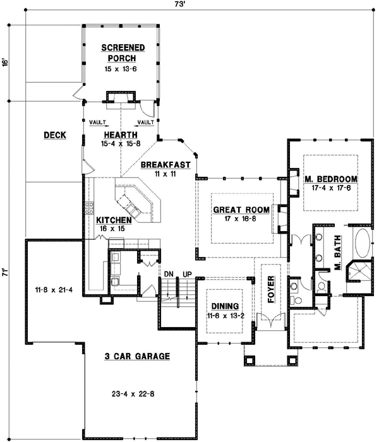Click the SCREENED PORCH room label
[x=123, y=52]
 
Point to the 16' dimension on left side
[x=4, y=64]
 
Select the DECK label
[x=53, y=135]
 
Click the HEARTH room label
[x=119, y=134]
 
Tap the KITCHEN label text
[x=114, y=220]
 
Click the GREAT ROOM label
[x=241, y=210]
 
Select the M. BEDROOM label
[x=331, y=179]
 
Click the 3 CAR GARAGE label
[x=137, y=357]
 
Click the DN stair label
[x=169, y=274]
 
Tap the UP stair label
[x=187, y=274]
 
